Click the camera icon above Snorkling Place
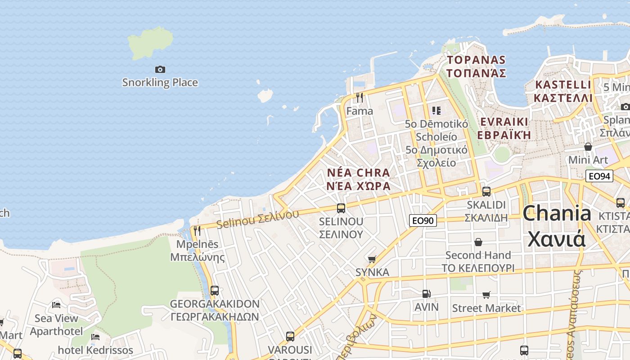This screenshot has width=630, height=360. [x=160, y=69]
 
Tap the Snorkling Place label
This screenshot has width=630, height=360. [x=160, y=82]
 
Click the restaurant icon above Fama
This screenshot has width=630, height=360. [x=359, y=98]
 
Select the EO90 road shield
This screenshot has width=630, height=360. [x=423, y=220]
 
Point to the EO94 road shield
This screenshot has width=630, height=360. [x=599, y=176]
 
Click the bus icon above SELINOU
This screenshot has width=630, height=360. [x=341, y=208]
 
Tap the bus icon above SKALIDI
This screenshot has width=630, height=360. [x=486, y=191]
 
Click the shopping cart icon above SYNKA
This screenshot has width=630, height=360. [x=372, y=259]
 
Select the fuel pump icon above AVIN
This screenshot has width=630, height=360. [x=426, y=294]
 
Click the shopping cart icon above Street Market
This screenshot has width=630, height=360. [x=486, y=295]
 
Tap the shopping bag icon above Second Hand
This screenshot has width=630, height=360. [x=478, y=242]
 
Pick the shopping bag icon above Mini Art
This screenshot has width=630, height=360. [x=588, y=147]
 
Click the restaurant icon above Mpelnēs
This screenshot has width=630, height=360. [x=197, y=231]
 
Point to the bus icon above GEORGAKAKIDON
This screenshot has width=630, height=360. [x=215, y=291]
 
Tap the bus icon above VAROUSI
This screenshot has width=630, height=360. [x=290, y=336]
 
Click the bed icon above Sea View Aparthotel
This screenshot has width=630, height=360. [x=56, y=305]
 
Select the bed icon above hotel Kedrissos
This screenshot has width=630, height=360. [x=95, y=337]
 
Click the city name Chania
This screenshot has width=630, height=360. [x=557, y=213]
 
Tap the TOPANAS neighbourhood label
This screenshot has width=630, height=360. [x=477, y=60]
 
